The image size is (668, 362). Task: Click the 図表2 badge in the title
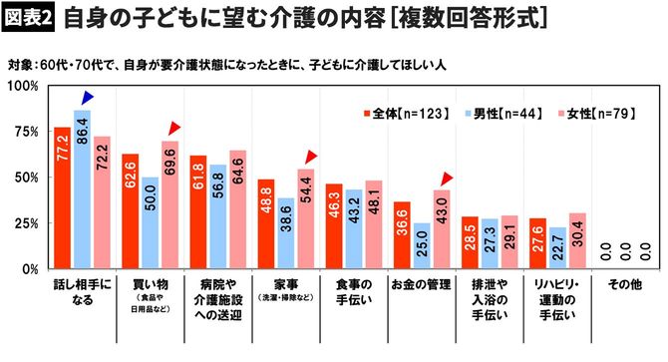coord(30,18)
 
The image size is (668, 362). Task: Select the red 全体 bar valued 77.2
coord(62,198)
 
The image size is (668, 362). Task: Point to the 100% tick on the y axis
coord(20,86)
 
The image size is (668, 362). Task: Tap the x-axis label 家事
coord(285,284)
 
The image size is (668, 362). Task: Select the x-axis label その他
coord(624,284)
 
